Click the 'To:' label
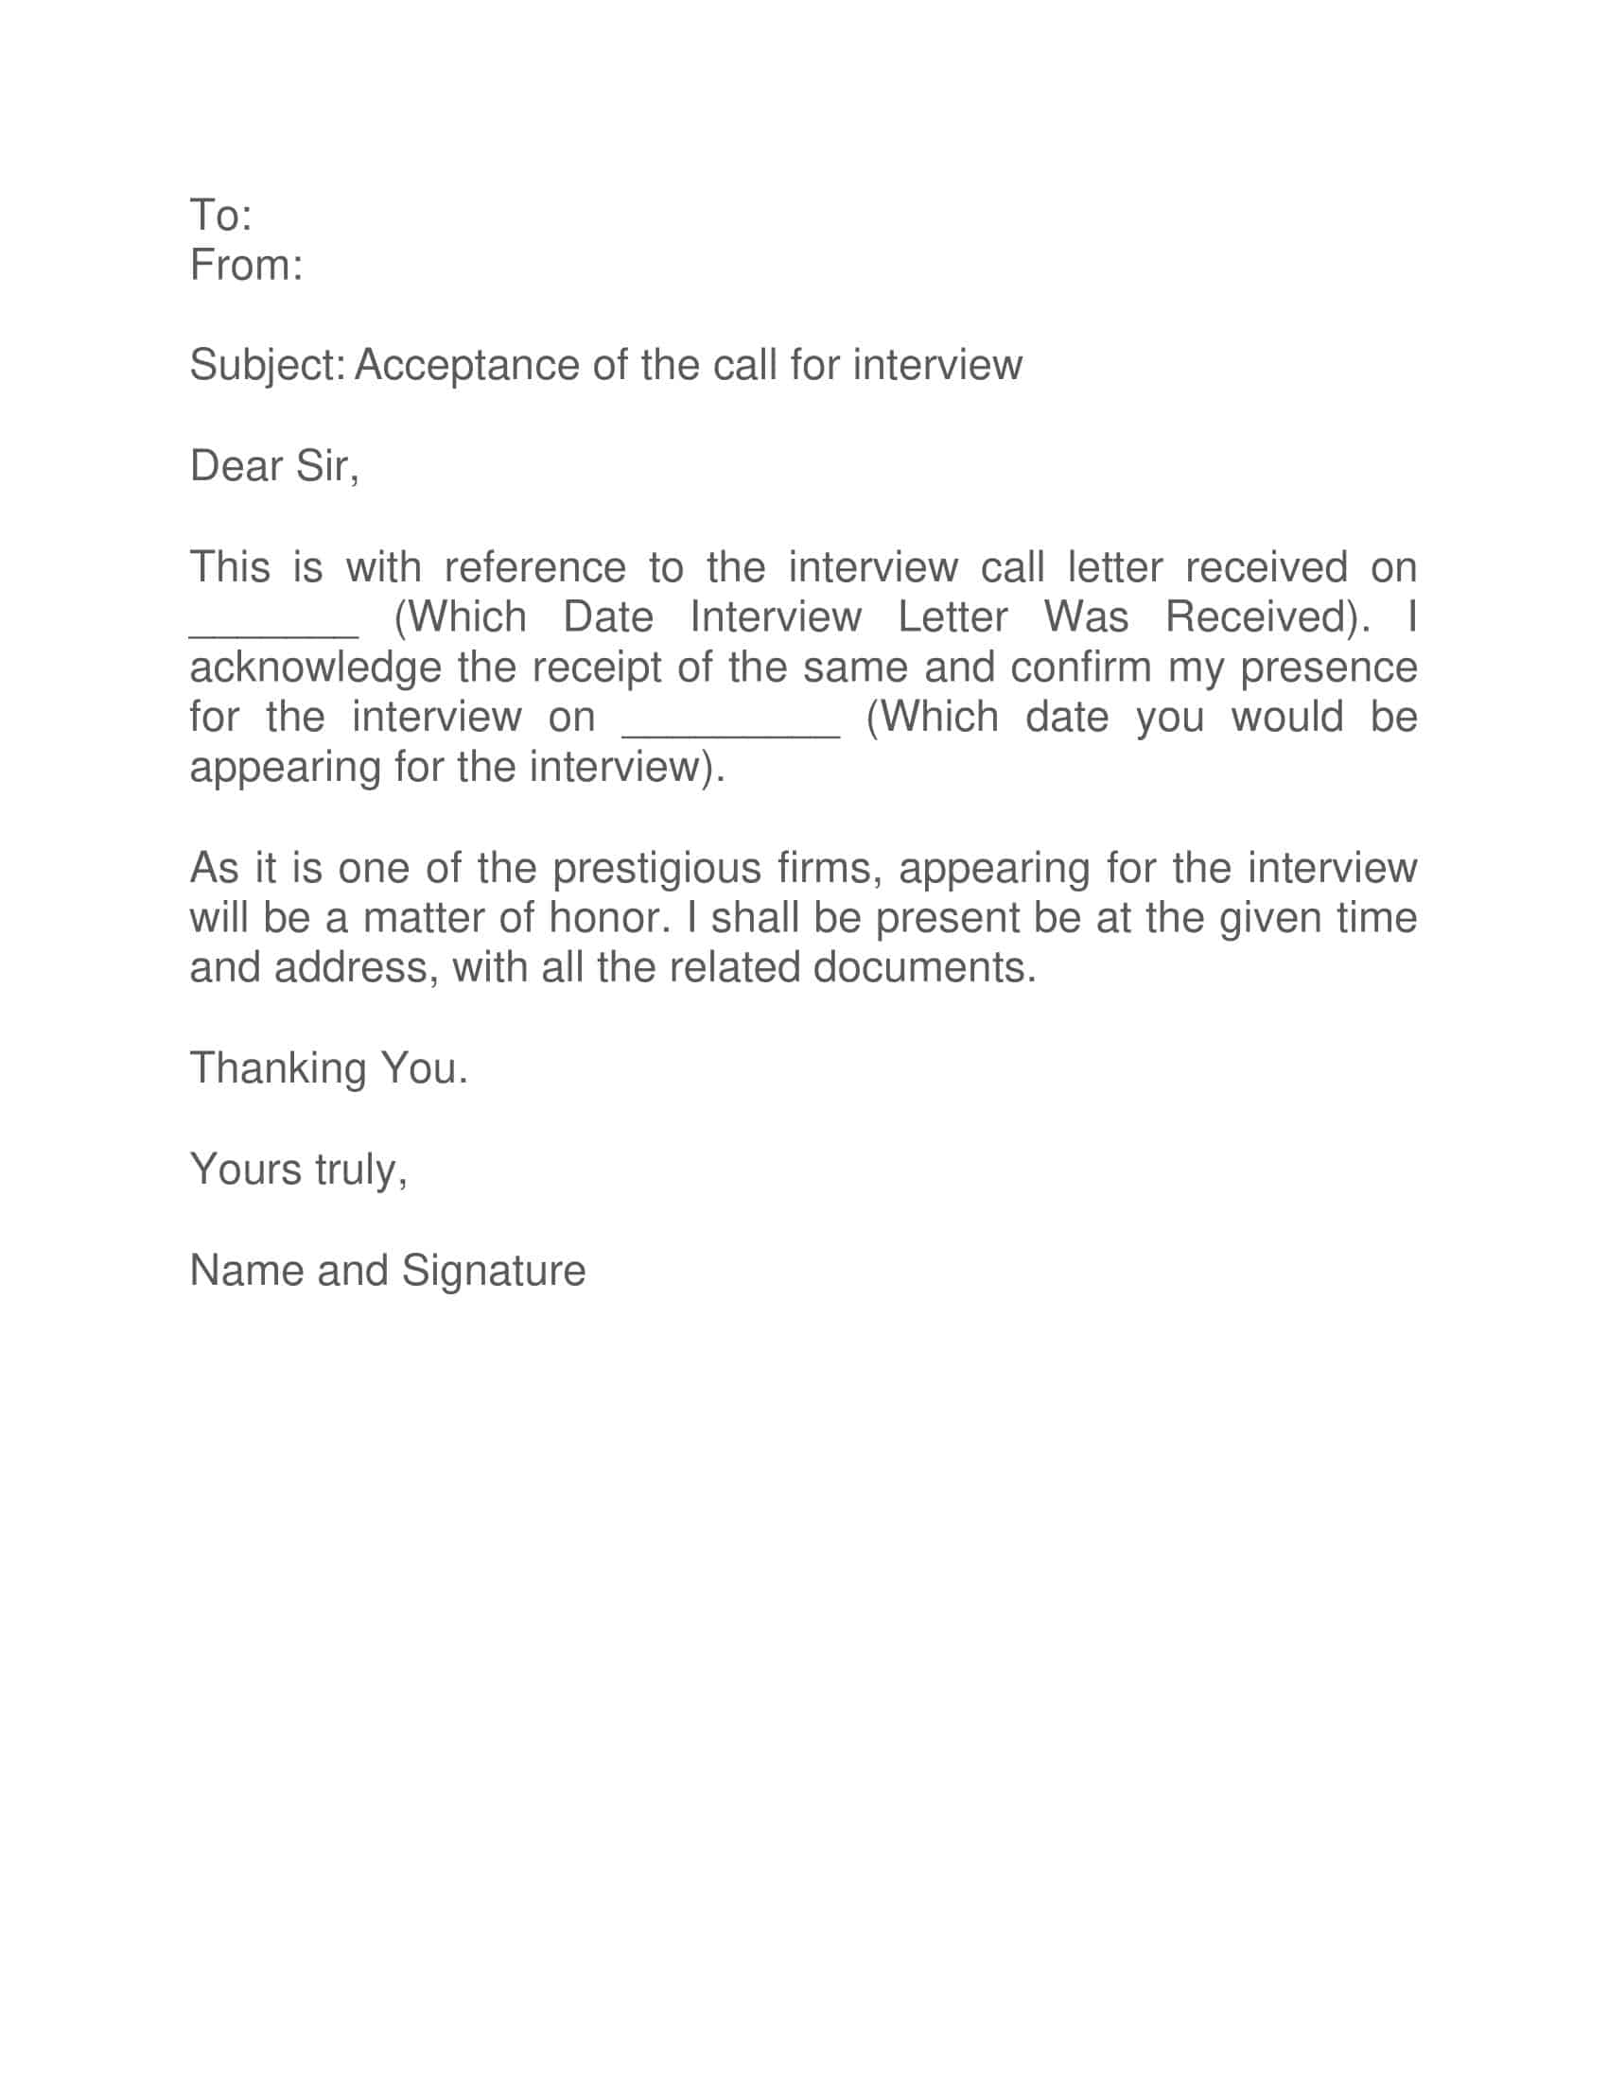click(221, 216)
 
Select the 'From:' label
click(246, 265)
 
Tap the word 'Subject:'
click(267, 366)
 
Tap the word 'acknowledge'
click(315, 668)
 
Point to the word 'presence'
click(1329, 668)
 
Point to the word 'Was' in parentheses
click(1086, 617)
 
